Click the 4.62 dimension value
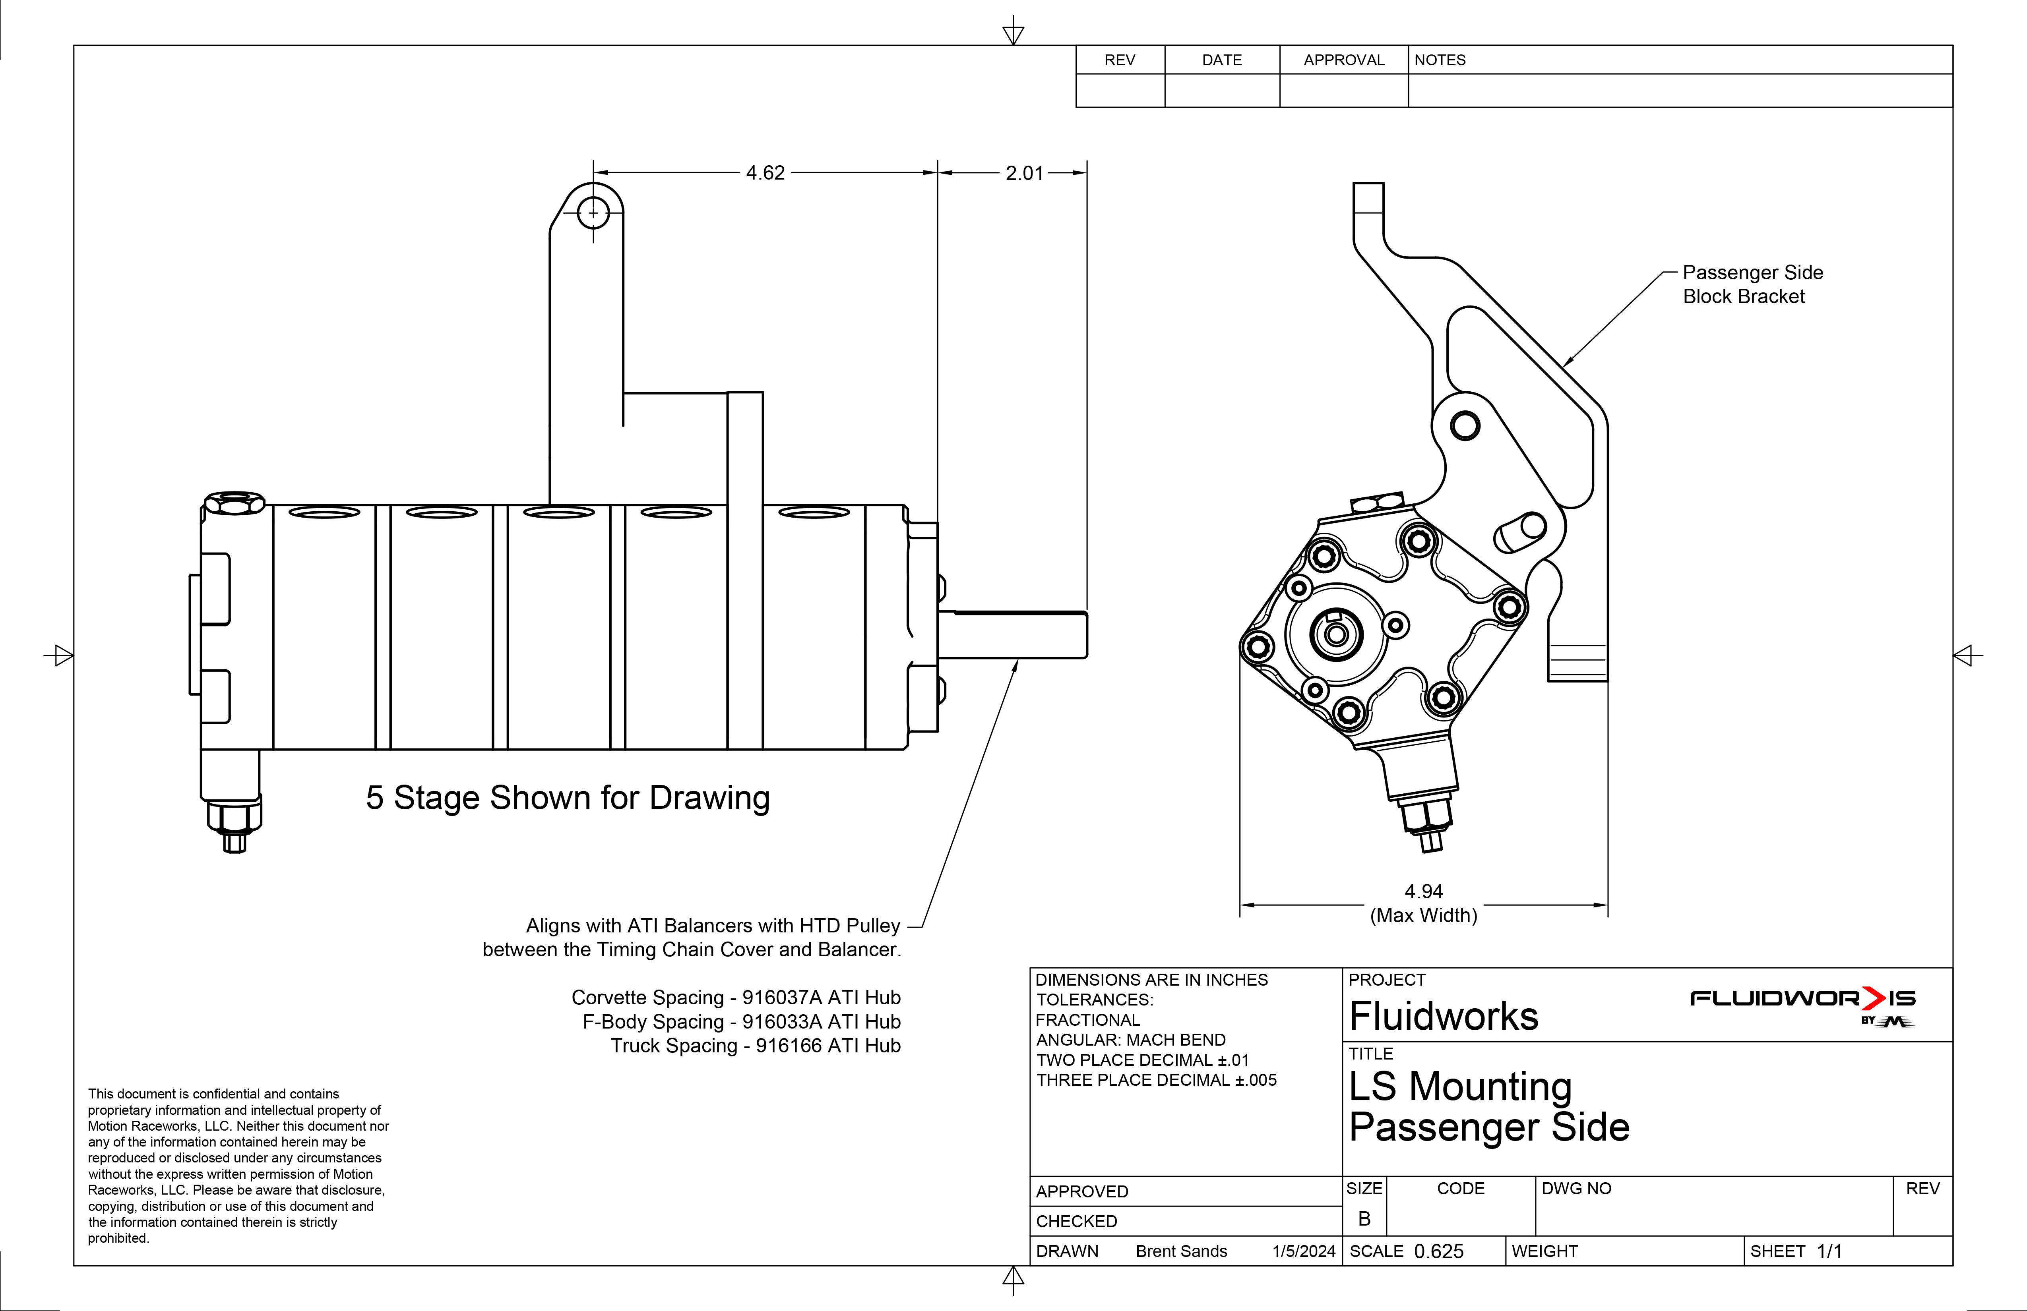[x=765, y=173]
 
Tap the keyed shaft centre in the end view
[x=1335, y=634]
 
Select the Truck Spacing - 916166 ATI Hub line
[x=756, y=1045]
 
